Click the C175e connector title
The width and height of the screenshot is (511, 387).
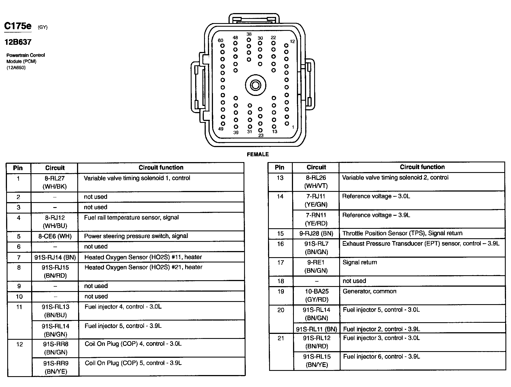coord(18,26)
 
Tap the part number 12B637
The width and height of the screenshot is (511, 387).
coord(18,42)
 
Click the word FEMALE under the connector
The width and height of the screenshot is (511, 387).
coord(258,154)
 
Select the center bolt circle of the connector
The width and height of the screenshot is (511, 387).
coord(255,85)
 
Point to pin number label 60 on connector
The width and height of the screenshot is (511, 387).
coord(220,41)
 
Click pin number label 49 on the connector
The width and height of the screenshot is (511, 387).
coord(221,129)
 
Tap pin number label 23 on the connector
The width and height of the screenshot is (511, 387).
coord(261,136)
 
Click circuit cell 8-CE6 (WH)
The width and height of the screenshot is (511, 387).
coord(55,236)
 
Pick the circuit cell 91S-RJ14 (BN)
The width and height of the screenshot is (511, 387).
coord(55,257)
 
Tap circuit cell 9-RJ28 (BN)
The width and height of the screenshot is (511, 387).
coord(316,233)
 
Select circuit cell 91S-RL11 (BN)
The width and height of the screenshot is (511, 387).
coord(316,329)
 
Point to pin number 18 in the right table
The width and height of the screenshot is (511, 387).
coord(281,281)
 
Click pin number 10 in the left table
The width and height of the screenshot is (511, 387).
coord(19,297)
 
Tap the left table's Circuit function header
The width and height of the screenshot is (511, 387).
coord(161,168)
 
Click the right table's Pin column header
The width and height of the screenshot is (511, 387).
coord(279,167)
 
